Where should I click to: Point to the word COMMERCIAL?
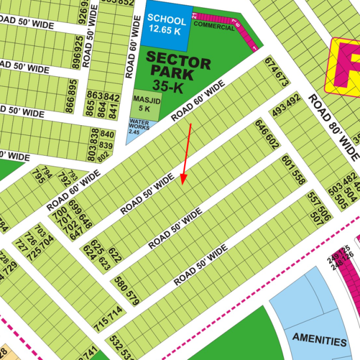[x=213, y=25]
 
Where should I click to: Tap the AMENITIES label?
[x=319, y=341]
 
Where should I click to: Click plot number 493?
[x=279, y=109]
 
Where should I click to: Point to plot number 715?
[x=102, y=323]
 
